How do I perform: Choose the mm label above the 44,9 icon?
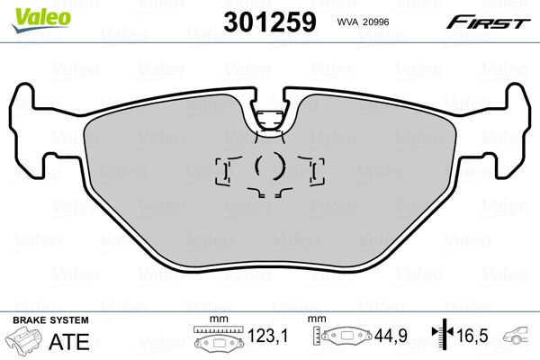(x=316, y=319)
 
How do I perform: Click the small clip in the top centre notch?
(x=268, y=118)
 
